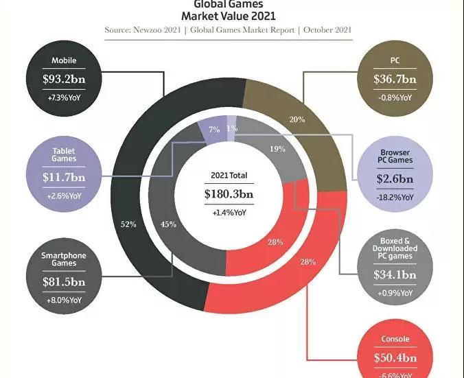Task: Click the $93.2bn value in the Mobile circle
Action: pyautogui.click(x=63, y=80)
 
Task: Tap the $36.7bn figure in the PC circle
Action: pyautogui.click(x=395, y=80)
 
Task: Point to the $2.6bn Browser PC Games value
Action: pyautogui.click(x=395, y=180)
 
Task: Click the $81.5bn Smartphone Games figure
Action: pyautogui.click(x=63, y=282)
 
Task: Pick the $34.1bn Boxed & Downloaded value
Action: pyautogui.click(x=395, y=276)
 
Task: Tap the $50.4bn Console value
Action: pyautogui.click(x=395, y=357)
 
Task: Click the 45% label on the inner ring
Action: pyautogui.click(x=168, y=224)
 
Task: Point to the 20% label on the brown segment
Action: pyautogui.click(x=297, y=119)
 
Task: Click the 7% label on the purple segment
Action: pyautogui.click(x=213, y=129)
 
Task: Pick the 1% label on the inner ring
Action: pyautogui.click(x=232, y=128)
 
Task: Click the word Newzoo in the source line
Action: pyautogui.click(x=160, y=30)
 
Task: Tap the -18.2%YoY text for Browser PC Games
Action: pyautogui.click(x=395, y=198)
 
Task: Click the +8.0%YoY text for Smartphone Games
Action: pyautogui.click(x=63, y=300)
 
